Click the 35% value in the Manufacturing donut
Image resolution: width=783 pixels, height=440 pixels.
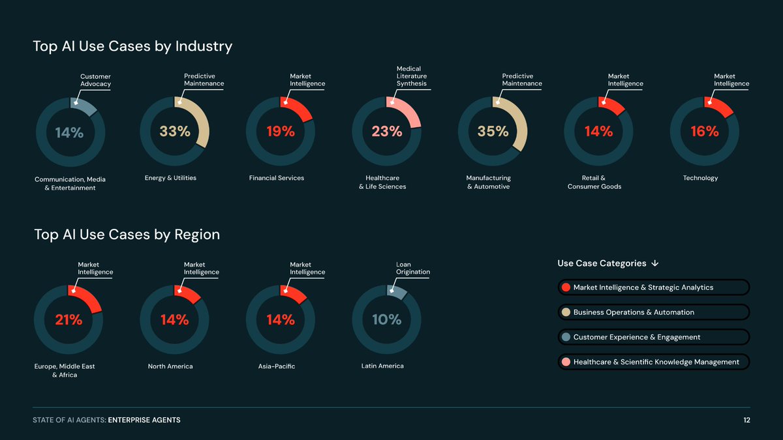click(493, 131)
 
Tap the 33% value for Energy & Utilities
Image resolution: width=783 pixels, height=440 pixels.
click(175, 131)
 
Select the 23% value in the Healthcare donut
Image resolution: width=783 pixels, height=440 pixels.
click(387, 131)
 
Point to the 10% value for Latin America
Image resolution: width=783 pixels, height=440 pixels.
click(387, 319)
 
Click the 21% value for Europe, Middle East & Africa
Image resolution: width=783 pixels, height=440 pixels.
click(69, 319)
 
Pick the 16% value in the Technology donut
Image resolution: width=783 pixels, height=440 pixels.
click(705, 131)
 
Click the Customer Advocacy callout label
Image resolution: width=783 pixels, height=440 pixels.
click(95, 80)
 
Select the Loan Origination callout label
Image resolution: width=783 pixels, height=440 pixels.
click(413, 268)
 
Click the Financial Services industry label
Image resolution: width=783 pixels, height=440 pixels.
click(277, 178)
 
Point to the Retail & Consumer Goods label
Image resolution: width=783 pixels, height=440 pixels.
click(594, 182)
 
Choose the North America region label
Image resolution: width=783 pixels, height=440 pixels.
click(170, 366)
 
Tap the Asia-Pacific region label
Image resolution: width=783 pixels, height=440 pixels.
click(277, 366)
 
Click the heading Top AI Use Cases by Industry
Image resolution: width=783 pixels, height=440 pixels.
click(132, 46)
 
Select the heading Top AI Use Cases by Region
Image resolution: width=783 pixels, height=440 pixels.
click(127, 235)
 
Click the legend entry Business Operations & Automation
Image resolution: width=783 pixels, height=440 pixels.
click(633, 312)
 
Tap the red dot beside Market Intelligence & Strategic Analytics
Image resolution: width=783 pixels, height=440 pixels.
click(566, 287)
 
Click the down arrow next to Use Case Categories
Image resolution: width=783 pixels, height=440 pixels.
click(655, 263)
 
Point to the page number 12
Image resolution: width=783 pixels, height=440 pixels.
click(746, 420)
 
